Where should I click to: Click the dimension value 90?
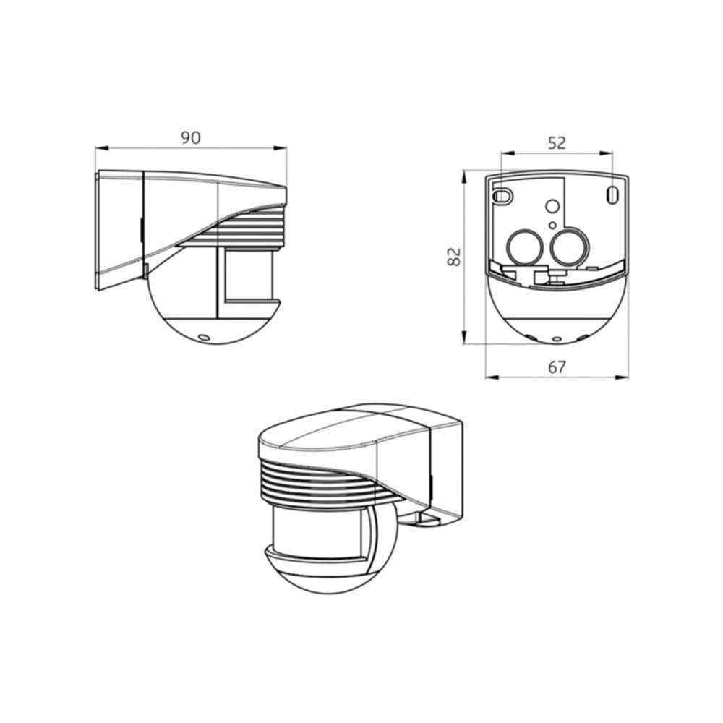[190, 138]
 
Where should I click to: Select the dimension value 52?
[557, 143]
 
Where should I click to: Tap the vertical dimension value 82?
[454, 257]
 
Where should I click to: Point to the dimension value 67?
[557, 367]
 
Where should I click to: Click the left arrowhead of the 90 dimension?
[101, 148]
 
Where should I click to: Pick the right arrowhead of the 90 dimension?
[280, 148]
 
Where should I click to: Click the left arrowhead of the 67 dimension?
[492, 377]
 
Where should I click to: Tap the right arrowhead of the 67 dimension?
[622, 377]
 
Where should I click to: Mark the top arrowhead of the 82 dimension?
[464, 177]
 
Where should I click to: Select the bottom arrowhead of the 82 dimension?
[464, 337]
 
